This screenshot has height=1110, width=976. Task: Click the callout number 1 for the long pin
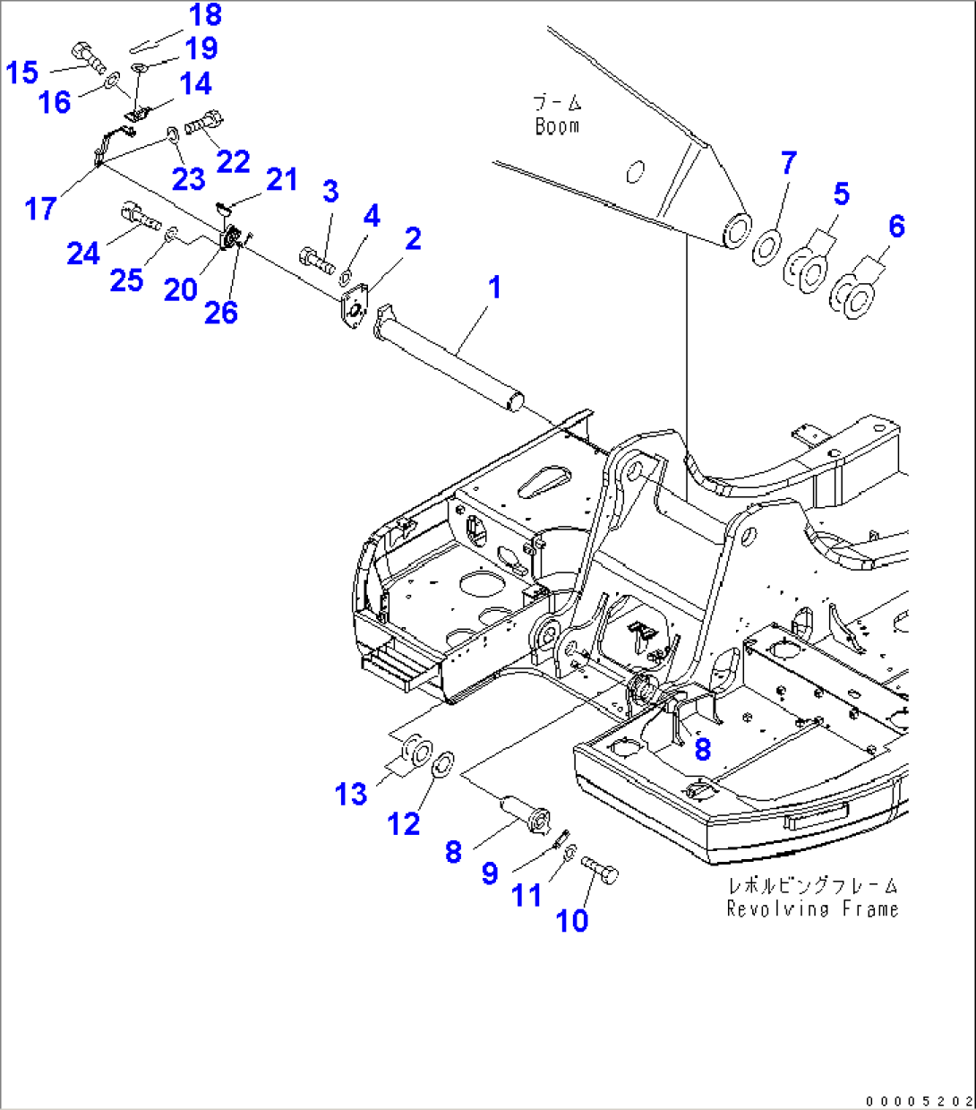[x=493, y=288]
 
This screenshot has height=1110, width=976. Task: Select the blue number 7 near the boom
[x=788, y=163]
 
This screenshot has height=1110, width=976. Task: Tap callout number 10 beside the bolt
[x=572, y=919]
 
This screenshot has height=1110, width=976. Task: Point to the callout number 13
[x=351, y=794]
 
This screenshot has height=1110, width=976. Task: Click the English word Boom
[x=557, y=126]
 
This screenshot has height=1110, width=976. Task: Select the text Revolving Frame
[x=812, y=909]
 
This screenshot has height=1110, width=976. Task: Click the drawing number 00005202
[x=918, y=1099]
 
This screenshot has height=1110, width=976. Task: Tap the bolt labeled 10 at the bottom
[x=600, y=870]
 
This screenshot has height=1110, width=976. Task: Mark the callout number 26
[x=220, y=312]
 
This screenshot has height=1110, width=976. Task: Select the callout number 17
[x=41, y=209]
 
